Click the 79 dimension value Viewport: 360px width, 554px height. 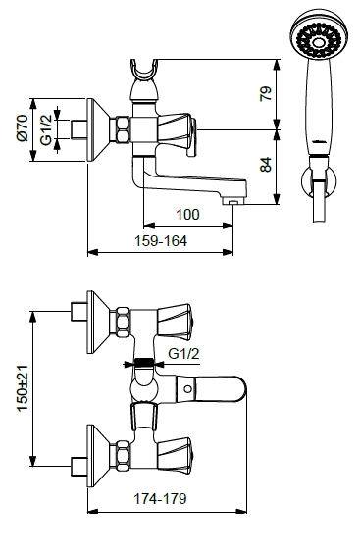click(266, 93)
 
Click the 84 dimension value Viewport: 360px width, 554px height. click(266, 165)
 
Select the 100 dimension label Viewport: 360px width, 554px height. click(187, 214)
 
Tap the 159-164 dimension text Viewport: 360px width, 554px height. click(161, 241)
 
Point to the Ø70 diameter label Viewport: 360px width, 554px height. click(23, 127)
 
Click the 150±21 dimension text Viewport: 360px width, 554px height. click(23, 388)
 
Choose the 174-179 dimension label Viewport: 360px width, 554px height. click(160, 498)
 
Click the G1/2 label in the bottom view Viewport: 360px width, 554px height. click(183, 353)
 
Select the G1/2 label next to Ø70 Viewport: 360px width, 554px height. click(46, 129)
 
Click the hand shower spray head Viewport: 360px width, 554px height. click(319, 34)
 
